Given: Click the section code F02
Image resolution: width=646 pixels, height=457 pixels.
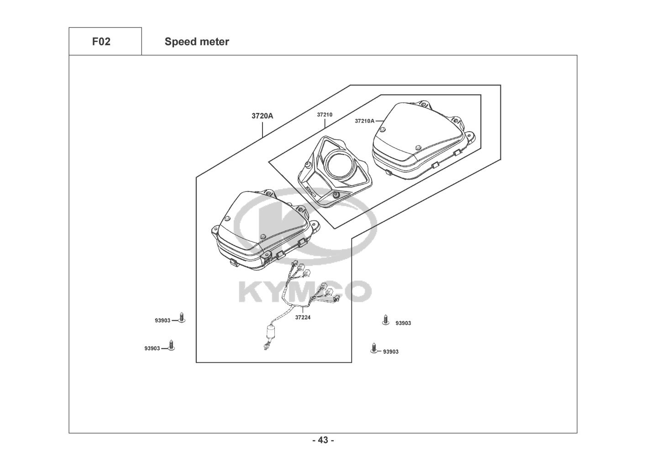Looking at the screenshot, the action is [101, 42].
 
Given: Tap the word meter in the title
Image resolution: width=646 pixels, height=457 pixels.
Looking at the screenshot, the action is [214, 42].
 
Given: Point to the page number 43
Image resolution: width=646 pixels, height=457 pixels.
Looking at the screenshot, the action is [323, 440].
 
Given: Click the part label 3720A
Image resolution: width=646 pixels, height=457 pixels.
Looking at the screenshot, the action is [262, 116].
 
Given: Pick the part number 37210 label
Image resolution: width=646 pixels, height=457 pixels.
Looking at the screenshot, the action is [325, 115].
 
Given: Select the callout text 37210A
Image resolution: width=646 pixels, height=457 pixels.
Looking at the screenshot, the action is [364, 121].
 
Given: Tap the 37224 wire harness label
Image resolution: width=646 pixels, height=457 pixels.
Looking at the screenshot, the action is [302, 317].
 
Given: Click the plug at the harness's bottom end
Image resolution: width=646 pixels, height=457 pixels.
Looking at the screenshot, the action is [265, 349].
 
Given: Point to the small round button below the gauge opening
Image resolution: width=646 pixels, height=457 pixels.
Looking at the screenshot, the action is [336, 196].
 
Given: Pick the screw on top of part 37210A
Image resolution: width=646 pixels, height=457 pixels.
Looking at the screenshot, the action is [417, 147].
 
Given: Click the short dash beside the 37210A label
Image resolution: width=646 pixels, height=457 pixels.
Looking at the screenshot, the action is [378, 121].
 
